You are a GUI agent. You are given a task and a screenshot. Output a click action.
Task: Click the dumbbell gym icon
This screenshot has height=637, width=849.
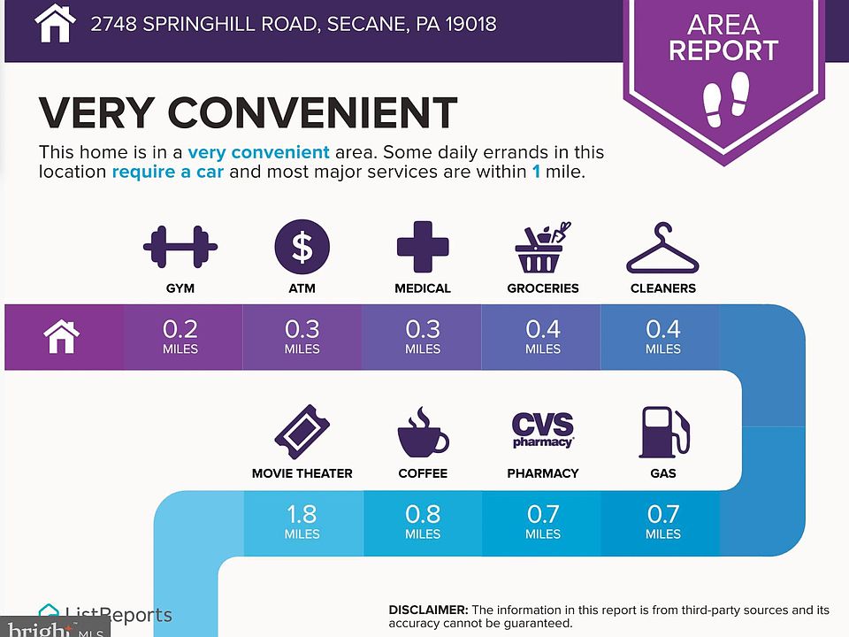tap(180, 247)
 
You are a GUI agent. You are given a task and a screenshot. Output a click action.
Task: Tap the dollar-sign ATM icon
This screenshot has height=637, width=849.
tap(302, 247)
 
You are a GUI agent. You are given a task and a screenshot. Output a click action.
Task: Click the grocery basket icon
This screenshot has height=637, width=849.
tap(542, 247)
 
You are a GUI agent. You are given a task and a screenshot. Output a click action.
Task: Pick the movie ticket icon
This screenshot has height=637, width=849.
tap(302, 431)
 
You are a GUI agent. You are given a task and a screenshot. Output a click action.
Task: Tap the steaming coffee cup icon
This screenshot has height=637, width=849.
tap(423, 432)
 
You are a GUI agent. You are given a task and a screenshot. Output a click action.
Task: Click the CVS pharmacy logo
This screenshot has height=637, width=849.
tap(543, 430)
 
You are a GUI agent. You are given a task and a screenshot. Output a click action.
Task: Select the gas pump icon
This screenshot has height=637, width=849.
tap(663, 431)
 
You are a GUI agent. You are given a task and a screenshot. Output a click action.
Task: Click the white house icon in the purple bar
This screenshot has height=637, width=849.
tap(62, 336)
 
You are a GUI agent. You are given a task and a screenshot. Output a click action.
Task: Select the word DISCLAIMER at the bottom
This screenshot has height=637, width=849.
tap(428, 610)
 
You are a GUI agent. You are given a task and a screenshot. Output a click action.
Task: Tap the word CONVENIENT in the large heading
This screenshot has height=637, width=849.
tap(311, 112)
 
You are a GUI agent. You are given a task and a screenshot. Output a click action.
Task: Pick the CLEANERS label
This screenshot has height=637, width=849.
tap(662, 288)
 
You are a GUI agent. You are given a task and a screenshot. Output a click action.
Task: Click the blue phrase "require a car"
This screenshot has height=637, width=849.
tap(167, 172)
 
